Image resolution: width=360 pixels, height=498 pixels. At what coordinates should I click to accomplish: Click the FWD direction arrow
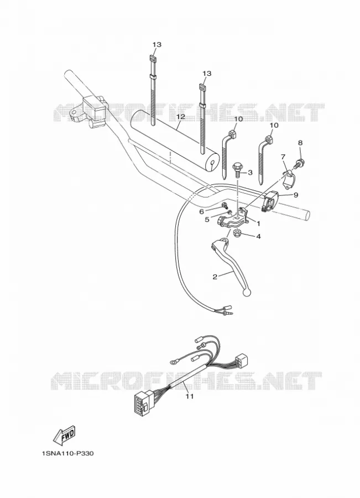click(x=65, y=435)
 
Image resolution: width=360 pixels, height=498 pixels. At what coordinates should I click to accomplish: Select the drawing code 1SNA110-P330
click(x=67, y=453)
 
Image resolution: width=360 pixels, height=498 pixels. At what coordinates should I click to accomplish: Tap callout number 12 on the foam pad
click(x=181, y=117)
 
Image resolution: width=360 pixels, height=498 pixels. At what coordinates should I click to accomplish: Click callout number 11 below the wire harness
click(x=190, y=396)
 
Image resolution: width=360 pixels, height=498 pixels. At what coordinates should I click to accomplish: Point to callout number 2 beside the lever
click(x=215, y=277)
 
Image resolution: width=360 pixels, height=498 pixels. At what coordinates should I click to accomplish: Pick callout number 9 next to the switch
click(x=296, y=195)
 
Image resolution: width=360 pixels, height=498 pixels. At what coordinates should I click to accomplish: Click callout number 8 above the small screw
click(x=300, y=143)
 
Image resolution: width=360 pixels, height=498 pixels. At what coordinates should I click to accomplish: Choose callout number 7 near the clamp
click(x=283, y=157)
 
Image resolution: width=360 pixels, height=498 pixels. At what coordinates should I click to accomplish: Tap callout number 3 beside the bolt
click(x=250, y=173)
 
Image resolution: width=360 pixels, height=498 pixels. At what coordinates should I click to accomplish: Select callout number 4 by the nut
click(x=258, y=237)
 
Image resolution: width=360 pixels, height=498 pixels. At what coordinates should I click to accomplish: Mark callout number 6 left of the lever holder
click(x=210, y=211)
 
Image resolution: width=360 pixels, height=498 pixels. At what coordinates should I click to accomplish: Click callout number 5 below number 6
click(x=207, y=220)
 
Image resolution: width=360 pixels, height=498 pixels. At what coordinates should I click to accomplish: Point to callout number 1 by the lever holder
click(x=258, y=224)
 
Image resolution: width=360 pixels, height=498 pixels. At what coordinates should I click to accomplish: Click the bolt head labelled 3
click(x=237, y=165)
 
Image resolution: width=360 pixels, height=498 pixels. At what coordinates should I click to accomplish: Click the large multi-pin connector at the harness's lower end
click(x=142, y=404)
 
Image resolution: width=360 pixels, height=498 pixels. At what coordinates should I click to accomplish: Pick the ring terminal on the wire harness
click(x=172, y=361)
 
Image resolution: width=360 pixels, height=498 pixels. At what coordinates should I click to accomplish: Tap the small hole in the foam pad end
click(x=212, y=164)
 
